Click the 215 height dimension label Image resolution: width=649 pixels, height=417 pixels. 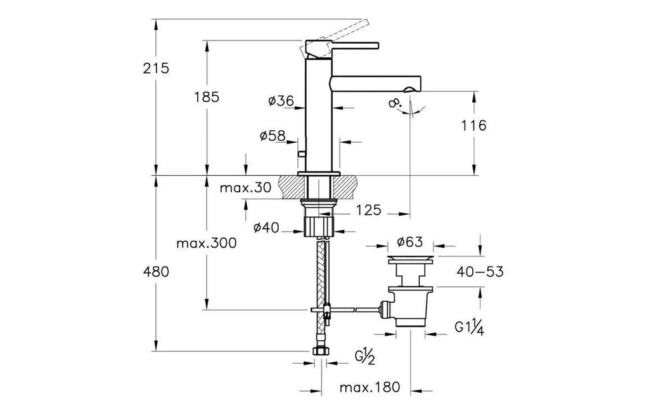click(x=155, y=69)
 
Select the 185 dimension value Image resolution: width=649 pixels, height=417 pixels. click(x=207, y=97)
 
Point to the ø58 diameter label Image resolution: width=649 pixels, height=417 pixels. click(x=272, y=136)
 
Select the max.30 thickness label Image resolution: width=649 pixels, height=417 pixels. click(x=245, y=188)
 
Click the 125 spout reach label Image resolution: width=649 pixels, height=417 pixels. click(x=368, y=210)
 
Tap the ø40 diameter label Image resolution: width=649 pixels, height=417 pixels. click(x=267, y=227)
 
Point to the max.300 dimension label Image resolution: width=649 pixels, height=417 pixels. click(x=206, y=243)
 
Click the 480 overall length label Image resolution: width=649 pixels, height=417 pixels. click(x=155, y=272)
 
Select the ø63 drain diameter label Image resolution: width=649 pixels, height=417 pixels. click(x=411, y=242)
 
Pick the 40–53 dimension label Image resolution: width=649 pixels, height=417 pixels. click(x=479, y=272)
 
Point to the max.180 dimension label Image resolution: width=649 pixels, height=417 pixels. click(x=369, y=387)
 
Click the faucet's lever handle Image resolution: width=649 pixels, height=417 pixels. click(x=342, y=45)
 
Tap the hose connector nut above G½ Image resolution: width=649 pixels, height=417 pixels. click(x=321, y=352)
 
